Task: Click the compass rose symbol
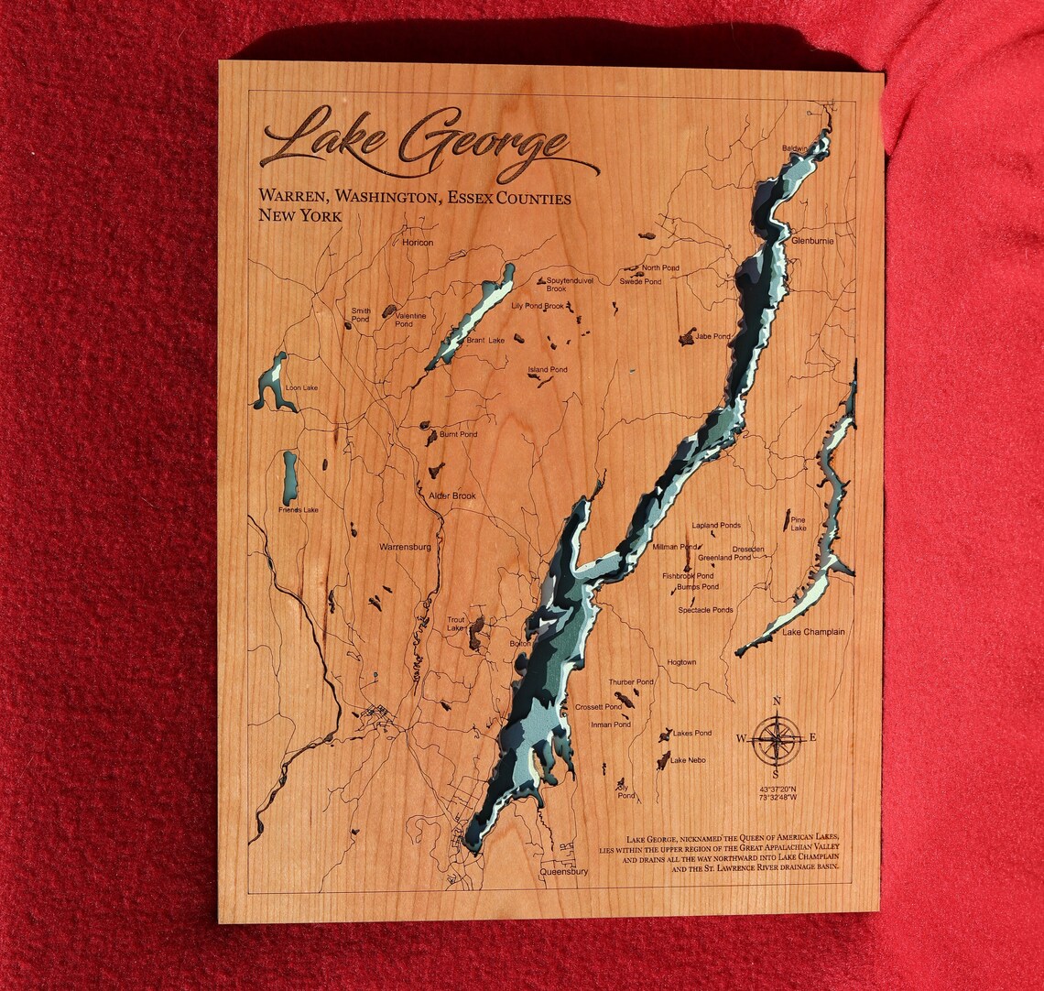pos(777,738)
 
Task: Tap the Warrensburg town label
pos(405,547)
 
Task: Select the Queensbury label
pos(564,872)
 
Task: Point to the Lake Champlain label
pos(813,632)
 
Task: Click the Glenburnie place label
pos(812,241)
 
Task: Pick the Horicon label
pos(418,243)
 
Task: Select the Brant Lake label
pos(485,341)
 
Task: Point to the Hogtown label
pos(681,662)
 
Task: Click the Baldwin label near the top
pos(796,148)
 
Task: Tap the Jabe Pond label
pos(712,337)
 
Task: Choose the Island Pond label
pos(547,370)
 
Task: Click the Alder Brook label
pos(452,496)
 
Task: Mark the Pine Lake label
pos(799,524)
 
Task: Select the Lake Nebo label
pos(688,760)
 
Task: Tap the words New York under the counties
pos(300,216)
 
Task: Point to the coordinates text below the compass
pos(778,792)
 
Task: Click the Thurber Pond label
pos(631,682)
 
